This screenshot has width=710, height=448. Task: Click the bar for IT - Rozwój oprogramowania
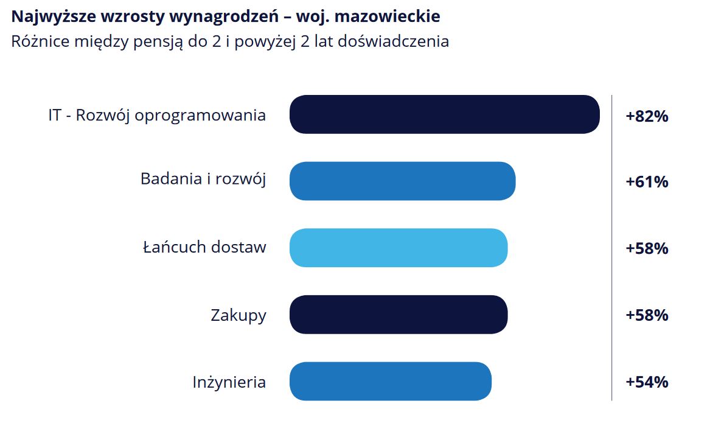pos(445,114)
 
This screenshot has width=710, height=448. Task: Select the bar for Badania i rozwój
pos(403,181)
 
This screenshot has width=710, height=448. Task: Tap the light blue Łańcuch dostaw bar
pos(399,248)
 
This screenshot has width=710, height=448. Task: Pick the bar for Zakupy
pos(399,314)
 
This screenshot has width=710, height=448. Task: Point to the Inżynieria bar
pos(391,381)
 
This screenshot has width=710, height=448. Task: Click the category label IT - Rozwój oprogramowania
pos(157,116)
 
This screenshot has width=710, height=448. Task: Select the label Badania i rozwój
pos(203,180)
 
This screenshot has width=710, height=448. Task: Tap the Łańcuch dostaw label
pos(204,247)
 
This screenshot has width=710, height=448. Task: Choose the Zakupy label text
pos(238,315)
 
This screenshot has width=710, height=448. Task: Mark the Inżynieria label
pos(229,382)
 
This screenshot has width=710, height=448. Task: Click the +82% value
pos(647,116)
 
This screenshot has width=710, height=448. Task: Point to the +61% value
pos(647,181)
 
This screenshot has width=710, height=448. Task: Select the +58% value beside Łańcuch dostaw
pos(647,248)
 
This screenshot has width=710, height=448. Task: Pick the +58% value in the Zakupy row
pos(647,315)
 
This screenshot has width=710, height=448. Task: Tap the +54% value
pos(647,382)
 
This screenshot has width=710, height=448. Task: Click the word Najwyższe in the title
pos(54,17)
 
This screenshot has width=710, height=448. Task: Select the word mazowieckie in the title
pos(387,17)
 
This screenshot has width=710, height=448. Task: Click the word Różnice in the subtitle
pos(40,41)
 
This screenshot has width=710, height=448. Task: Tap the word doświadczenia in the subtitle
pos(393,41)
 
